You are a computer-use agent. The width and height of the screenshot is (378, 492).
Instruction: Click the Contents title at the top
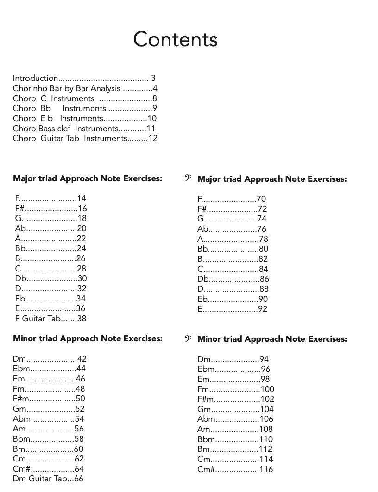pos(175,39)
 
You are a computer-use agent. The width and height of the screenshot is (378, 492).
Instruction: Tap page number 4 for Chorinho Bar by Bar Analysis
pos(155,89)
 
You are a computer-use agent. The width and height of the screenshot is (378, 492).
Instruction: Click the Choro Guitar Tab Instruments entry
pos(85,138)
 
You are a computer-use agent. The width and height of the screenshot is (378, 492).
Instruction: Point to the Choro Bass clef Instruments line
pos(84,129)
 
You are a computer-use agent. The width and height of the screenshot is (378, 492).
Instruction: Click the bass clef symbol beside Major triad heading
pos(188,178)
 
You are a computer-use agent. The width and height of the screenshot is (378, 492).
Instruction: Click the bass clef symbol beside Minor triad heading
pos(188,338)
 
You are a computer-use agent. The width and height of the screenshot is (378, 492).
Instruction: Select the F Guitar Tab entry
pos(50,319)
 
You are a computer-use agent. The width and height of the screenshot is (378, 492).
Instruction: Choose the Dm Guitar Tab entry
pos(48,479)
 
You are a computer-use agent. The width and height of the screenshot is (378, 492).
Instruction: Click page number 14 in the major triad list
pos(82,198)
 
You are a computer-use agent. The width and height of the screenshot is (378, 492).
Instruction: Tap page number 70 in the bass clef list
pos(261,199)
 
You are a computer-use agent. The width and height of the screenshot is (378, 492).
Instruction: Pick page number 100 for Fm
pos(267,389)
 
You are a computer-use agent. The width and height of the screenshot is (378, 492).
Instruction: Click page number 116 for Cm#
pos(266,469)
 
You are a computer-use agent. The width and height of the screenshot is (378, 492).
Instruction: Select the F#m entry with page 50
pos(21,399)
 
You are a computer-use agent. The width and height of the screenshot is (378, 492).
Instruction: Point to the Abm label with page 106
pos(207,419)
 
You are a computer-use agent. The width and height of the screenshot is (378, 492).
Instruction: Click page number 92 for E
pos(263,309)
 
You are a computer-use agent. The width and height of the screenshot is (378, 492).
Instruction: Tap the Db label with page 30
pos(20,278)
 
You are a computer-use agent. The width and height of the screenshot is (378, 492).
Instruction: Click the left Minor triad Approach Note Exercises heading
pos(88,338)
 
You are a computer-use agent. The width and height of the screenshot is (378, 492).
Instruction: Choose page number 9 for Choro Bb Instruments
pos(155,109)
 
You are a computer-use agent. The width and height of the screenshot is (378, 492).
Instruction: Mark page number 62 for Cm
pos(79,459)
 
